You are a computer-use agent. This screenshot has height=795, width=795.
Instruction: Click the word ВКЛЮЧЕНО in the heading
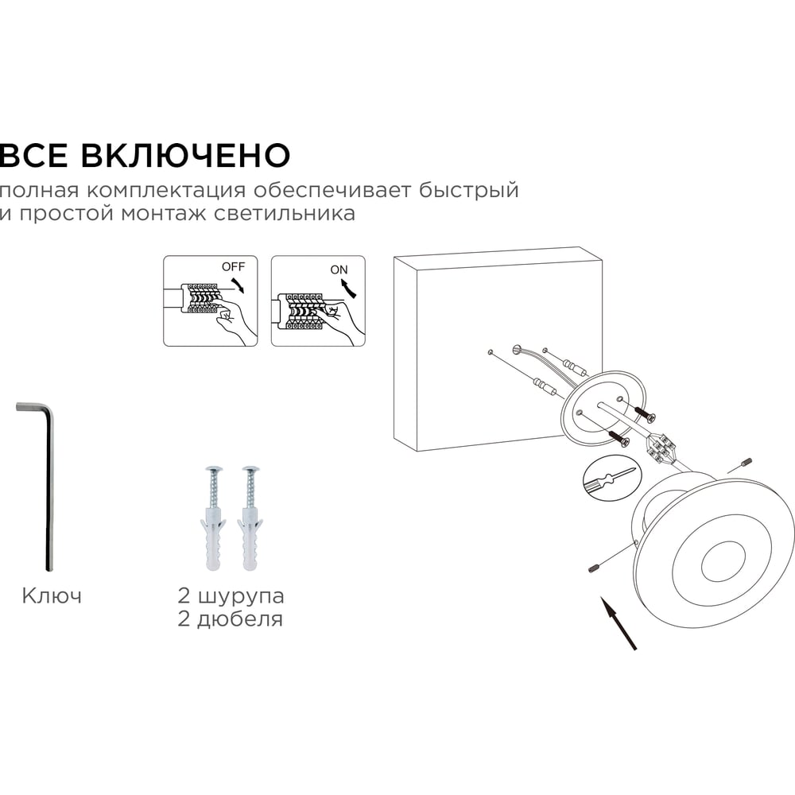coord(185,155)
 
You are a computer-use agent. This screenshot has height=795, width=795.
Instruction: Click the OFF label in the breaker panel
coord(233,266)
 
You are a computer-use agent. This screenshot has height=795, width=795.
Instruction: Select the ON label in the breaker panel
coord(339,270)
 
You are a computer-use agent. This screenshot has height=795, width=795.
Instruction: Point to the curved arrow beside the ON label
coord(353,289)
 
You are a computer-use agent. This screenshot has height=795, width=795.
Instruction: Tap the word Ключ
coord(52,595)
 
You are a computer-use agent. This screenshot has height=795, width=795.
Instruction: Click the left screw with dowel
coord(213,518)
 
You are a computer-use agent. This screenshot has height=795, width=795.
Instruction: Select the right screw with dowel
coord(250,518)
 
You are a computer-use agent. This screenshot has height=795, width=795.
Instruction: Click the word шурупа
coord(240,597)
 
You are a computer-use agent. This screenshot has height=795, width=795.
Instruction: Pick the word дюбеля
coord(239,619)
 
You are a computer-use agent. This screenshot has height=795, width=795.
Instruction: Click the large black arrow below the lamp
coord(619,623)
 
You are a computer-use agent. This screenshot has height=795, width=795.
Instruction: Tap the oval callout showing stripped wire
coord(612,479)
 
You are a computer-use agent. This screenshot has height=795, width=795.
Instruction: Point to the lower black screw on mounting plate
coord(617,437)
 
